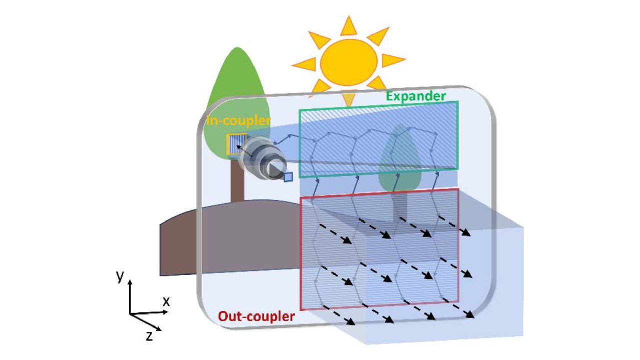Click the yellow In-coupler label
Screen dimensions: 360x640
click(x=238, y=120)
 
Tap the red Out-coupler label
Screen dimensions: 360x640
click(x=256, y=316)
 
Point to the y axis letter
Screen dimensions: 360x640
click(x=120, y=276)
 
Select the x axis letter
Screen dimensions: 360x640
click(x=166, y=301)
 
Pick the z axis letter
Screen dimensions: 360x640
click(x=149, y=336)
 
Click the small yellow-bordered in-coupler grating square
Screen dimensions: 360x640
click(x=236, y=143)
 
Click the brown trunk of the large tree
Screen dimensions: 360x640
click(x=237, y=180)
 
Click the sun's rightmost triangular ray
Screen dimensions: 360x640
click(x=394, y=60)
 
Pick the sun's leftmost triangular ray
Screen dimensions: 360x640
click(x=303, y=64)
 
